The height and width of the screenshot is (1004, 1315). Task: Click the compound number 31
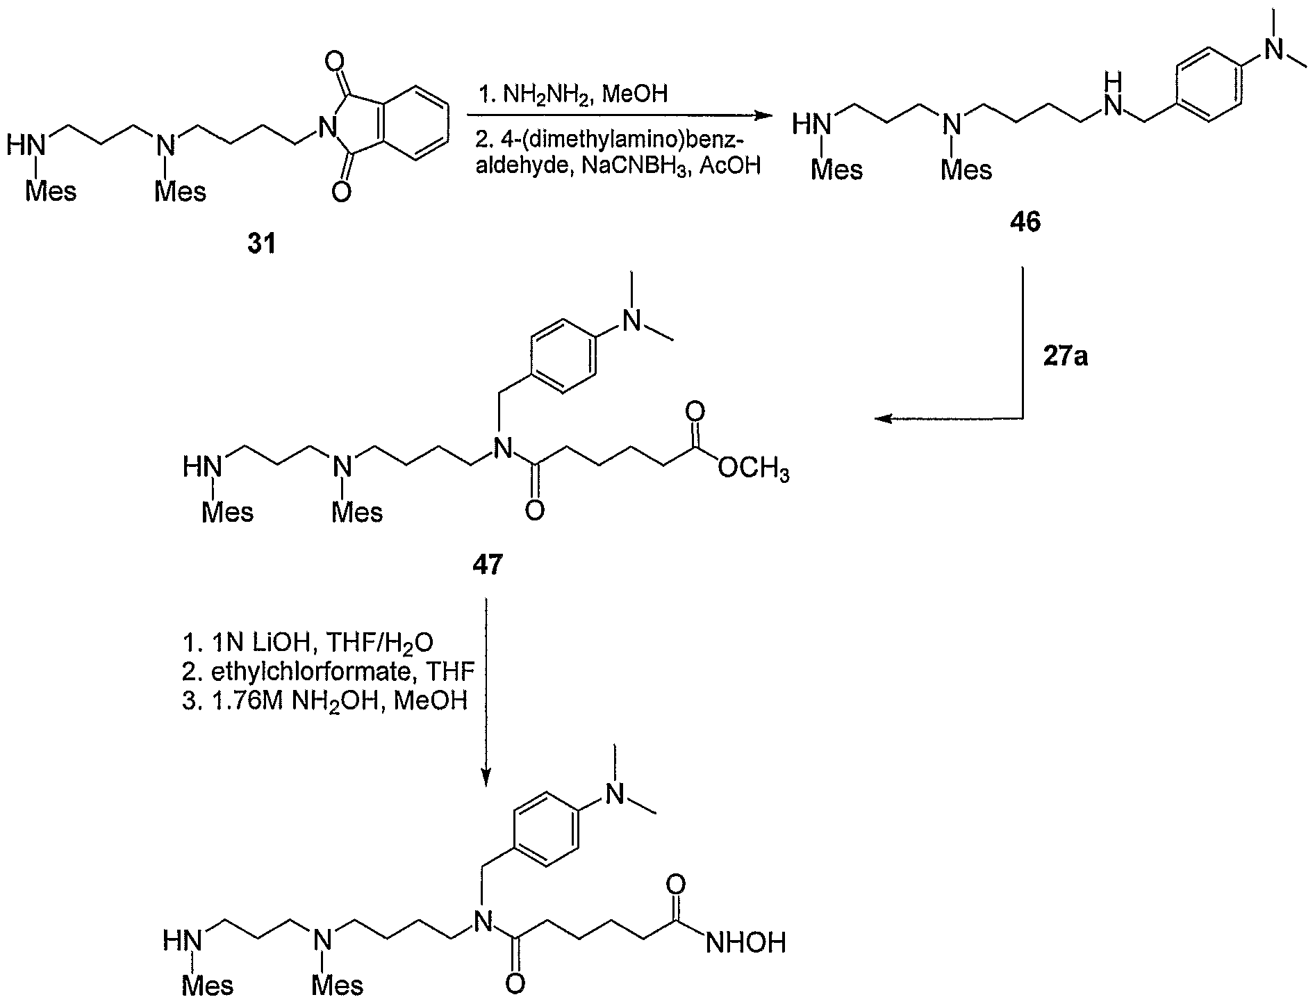[262, 244]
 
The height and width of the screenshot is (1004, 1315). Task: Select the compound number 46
[1025, 223]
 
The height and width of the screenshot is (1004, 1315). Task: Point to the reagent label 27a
[1066, 358]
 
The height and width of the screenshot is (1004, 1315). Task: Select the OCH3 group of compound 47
[753, 472]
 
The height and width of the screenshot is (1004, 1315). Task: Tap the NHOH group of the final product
[745, 942]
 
